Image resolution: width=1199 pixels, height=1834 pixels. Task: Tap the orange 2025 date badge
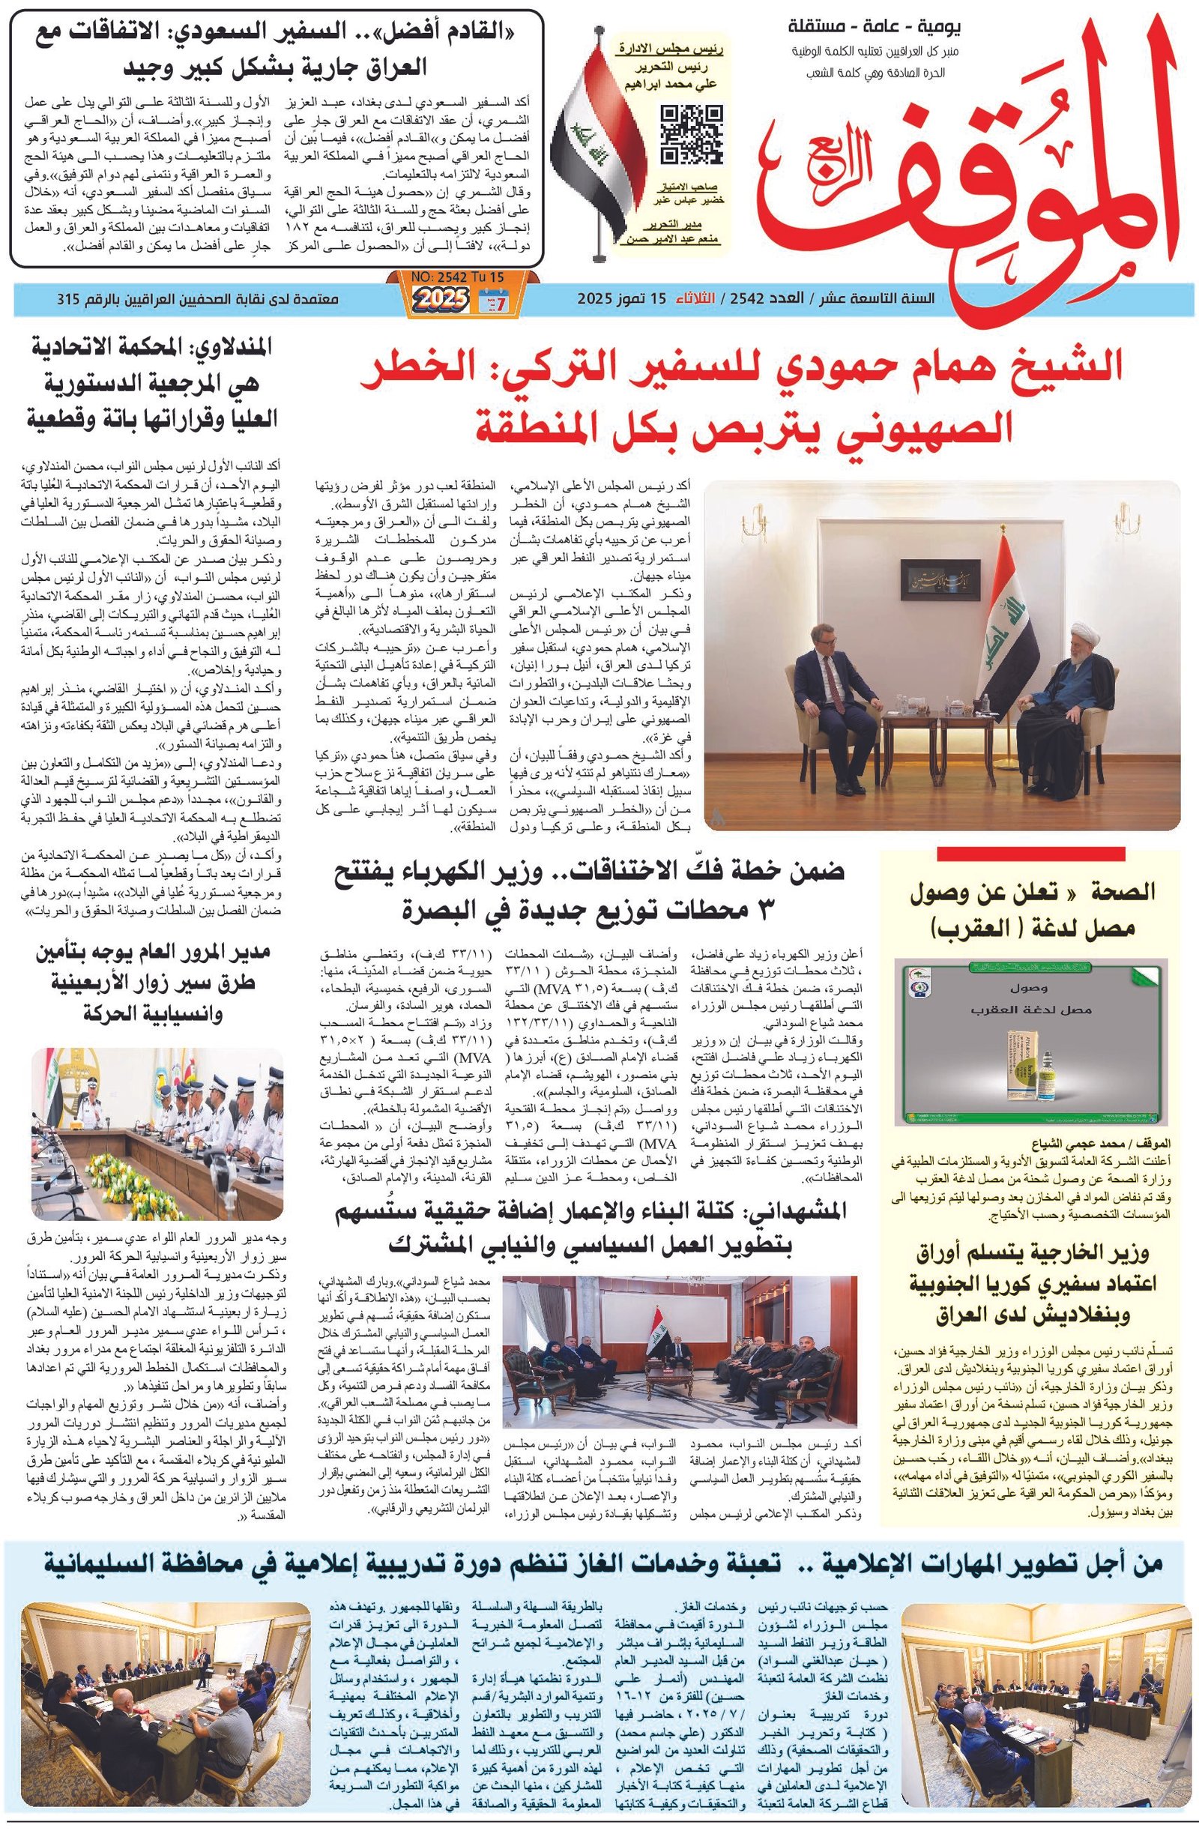439,298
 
